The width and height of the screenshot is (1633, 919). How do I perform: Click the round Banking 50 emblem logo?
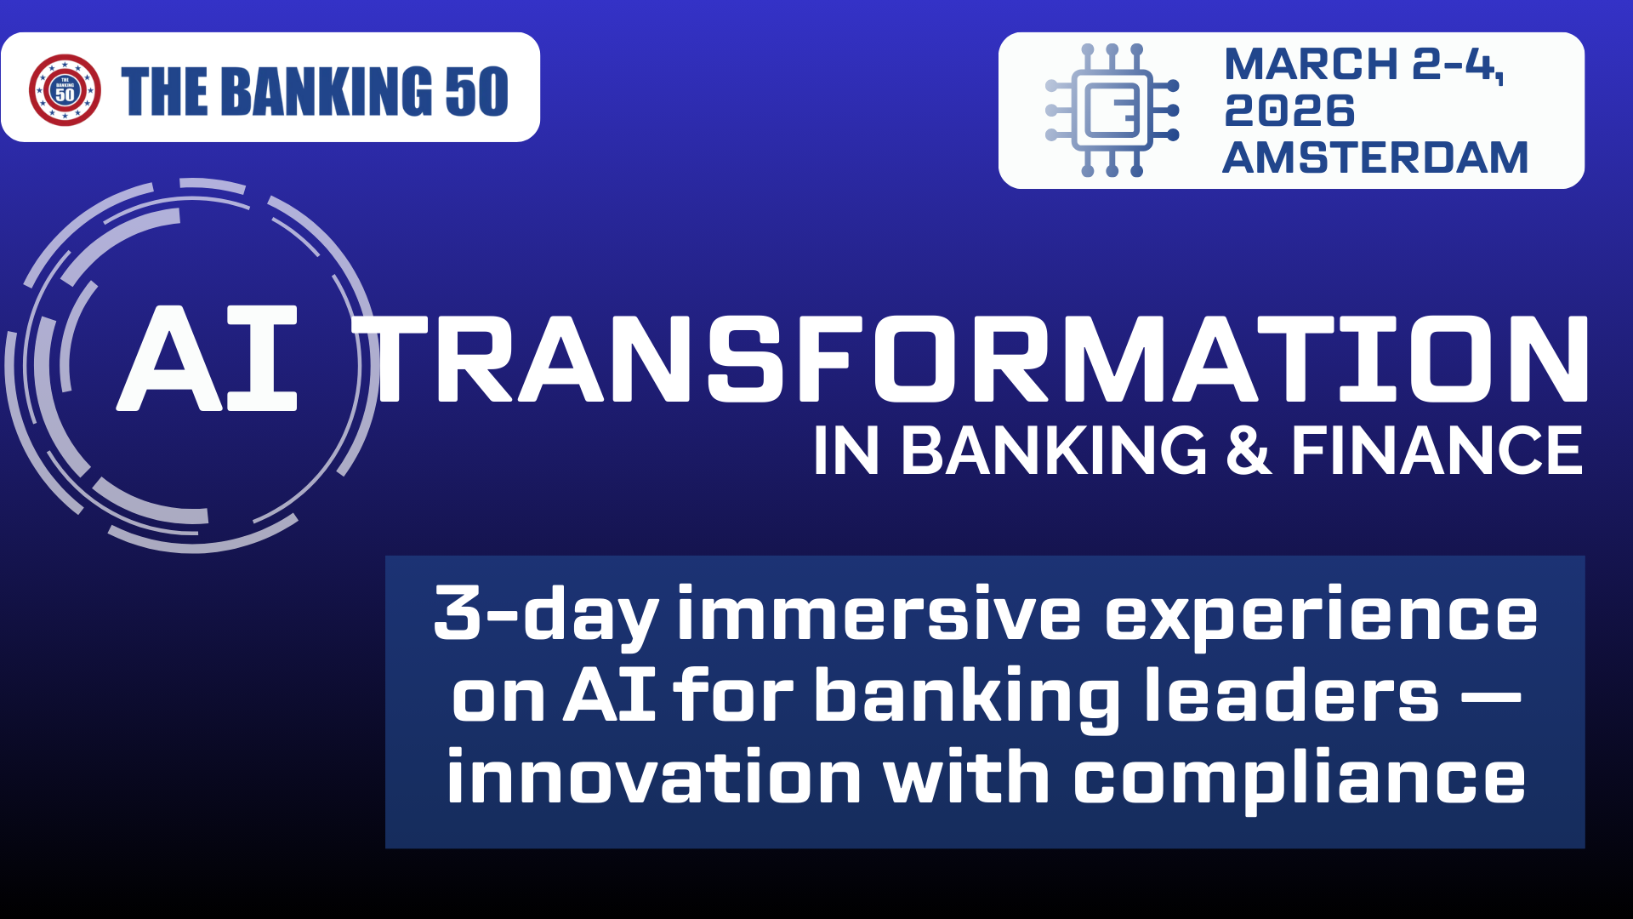coord(65,90)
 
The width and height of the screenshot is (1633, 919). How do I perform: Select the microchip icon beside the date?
coord(1112,111)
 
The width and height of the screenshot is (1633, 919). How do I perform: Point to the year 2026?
coord(1289,111)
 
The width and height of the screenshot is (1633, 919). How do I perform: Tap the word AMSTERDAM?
coord(1375,157)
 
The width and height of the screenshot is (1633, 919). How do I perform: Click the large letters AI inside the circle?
coord(208,358)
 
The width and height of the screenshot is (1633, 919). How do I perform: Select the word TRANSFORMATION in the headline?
coord(970,358)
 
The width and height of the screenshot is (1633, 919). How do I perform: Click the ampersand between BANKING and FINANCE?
coord(1249,450)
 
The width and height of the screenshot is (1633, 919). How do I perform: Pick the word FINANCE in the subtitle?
coord(1437,450)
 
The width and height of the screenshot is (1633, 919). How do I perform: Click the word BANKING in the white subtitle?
coord(1054,450)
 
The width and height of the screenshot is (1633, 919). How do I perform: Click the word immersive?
coord(879,613)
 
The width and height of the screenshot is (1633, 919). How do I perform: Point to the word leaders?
coord(1291,694)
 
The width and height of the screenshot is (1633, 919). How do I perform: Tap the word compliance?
coord(1300,779)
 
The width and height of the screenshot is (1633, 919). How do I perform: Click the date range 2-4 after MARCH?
coord(1456,66)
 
